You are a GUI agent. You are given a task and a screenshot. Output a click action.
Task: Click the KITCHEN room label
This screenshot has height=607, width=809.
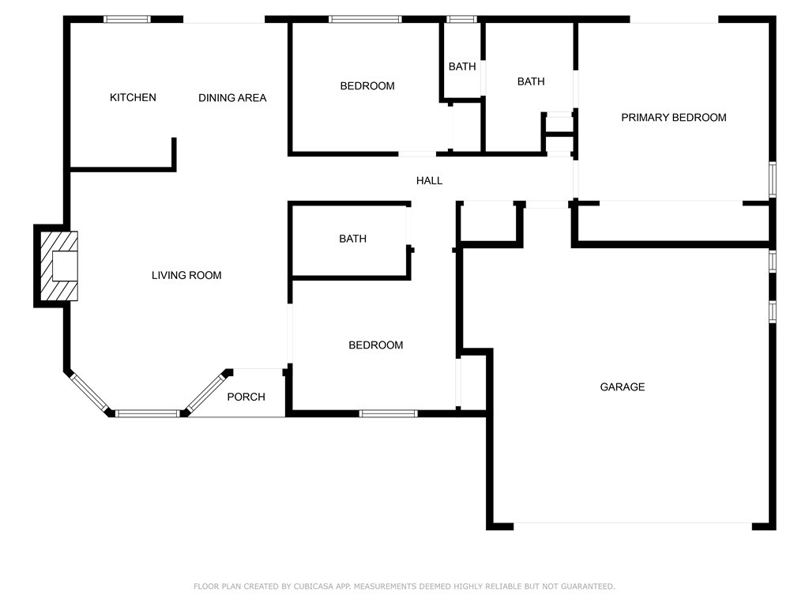(x=133, y=97)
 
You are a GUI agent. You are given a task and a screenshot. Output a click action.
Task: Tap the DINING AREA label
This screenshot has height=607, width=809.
(x=232, y=98)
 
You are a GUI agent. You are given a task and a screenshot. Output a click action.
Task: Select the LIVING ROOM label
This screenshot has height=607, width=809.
(x=186, y=276)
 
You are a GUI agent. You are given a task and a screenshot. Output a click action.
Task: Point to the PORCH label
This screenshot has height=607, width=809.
(x=246, y=397)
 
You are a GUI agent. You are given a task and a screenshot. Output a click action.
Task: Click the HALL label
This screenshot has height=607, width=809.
(x=429, y=181)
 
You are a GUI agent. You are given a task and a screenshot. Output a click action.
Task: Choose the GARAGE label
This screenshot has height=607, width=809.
(x=623, y=387)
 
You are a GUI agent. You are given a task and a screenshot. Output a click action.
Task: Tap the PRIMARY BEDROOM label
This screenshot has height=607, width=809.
(x=673, y=118)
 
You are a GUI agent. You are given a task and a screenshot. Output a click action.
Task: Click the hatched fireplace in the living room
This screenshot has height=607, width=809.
(x=58, y=266)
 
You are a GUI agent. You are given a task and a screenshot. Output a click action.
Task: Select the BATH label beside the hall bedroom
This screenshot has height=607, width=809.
(x=352, y=239)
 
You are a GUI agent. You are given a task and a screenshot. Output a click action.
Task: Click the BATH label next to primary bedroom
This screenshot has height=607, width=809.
(x=531, y=81)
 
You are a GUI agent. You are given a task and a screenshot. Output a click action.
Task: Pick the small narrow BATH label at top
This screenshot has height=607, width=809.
(x=461, y=66)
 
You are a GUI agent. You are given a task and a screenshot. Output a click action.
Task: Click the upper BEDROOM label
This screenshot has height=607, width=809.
(x=367, y=86)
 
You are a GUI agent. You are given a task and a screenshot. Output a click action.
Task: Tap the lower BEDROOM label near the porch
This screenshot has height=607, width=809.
(x=375, y=345)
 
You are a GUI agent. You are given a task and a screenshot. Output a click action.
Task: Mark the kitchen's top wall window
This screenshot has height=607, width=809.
(x=127, y=20)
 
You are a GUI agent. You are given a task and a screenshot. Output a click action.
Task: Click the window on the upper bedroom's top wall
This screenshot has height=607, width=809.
(x=365, y=20)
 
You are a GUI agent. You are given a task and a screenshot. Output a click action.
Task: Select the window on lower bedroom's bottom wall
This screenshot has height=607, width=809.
(x=389, y=413)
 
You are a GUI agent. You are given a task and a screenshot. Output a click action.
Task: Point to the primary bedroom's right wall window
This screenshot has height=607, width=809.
(x=773, y=179)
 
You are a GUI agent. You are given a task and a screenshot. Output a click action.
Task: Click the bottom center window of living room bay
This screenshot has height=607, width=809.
(x=148, y=413)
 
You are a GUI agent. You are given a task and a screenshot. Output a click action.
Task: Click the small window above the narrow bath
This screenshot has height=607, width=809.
(x=461, y=20)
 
